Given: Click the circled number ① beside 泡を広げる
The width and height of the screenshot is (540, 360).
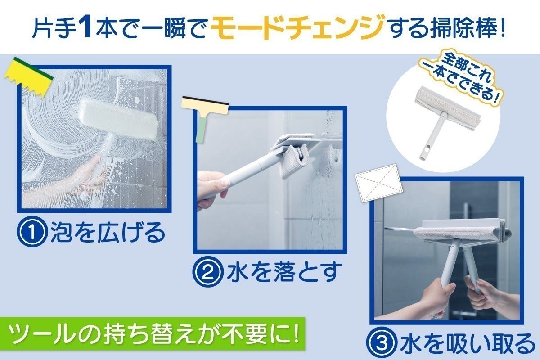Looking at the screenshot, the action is pos(31,233).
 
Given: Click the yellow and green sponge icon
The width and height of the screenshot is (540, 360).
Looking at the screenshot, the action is pos(28,77).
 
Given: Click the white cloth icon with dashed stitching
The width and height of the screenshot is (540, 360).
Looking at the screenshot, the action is pos(379,183).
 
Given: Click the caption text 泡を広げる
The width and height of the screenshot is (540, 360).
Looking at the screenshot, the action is pos(108,233).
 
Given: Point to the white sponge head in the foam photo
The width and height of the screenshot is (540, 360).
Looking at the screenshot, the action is pos(119,119).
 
